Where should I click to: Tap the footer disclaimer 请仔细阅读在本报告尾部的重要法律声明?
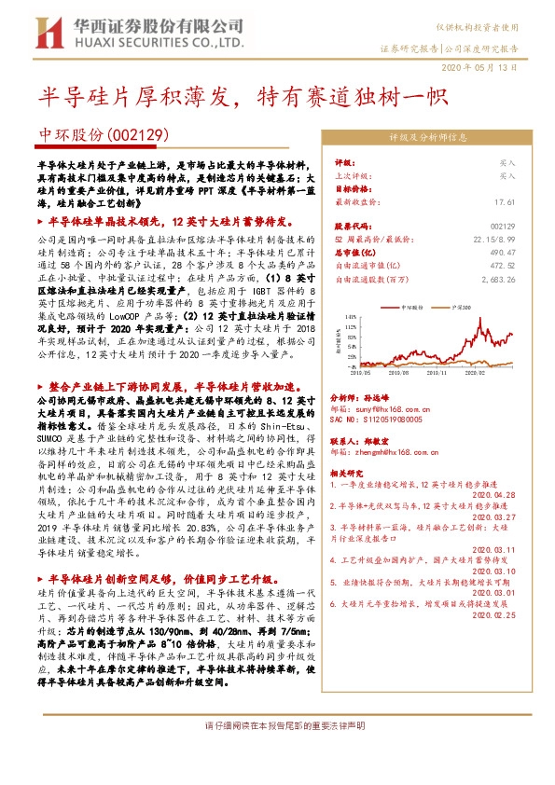277,724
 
